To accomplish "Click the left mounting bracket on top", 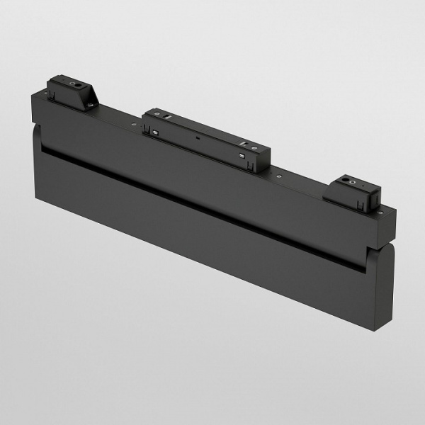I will coord(72,93).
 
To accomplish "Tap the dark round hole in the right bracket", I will coord(348,182).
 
